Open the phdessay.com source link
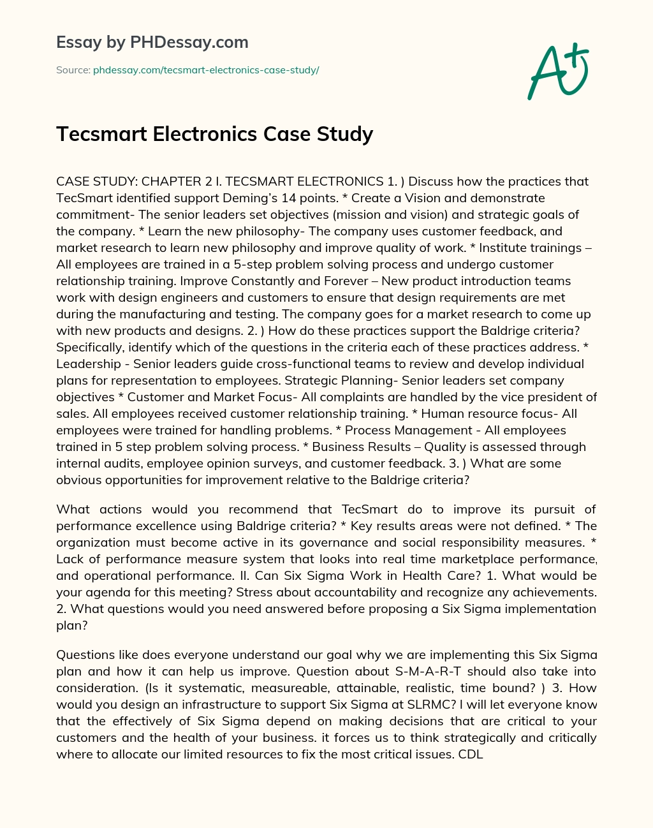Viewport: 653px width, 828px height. point(206,70)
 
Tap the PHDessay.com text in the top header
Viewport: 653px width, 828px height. point(189,43)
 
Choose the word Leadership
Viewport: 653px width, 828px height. point(89,364)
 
